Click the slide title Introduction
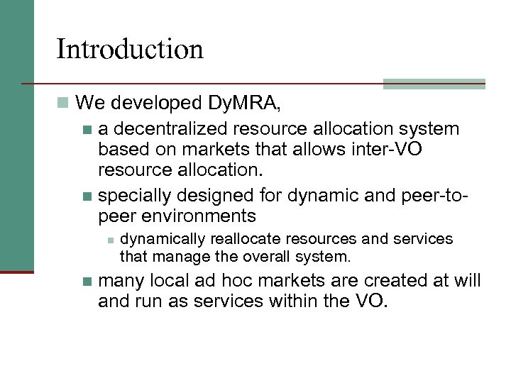(x=130, y=50)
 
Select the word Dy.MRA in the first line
(x=244, y=104)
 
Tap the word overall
(x=269, y=255)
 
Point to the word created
(x=384, y=281)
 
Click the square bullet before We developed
(x=63, y=104)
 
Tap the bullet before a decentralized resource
(x=87, y=130)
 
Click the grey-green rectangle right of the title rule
(x=434, y=84)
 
